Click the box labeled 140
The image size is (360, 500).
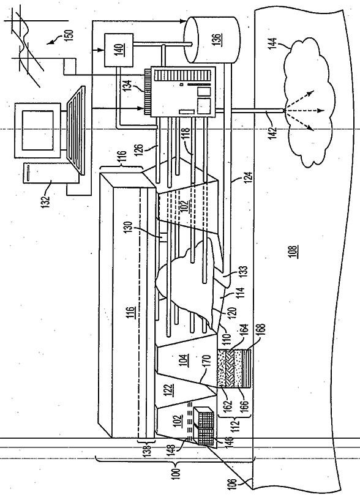[x=119, y=50]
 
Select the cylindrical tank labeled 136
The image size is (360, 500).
[x=212, y=40]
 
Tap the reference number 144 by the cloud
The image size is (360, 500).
[x=272, y=44]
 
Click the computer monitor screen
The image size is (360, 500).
[x=38, y=130]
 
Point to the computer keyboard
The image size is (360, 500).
[x=76, y=130]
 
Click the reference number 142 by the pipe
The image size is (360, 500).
[x=273, y=132]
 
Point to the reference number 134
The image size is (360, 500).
[x=128, y=86]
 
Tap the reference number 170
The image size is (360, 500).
[x=206, y=362]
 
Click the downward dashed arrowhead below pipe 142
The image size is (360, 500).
[x=321, y=111]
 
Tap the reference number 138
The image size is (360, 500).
[x=146, y=452]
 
